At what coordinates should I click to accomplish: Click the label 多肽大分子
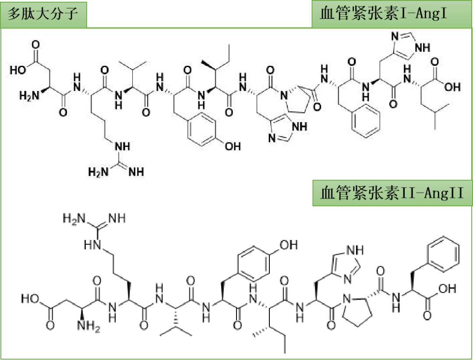tap(43, 14)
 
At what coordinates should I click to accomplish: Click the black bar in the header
tap(199, 14)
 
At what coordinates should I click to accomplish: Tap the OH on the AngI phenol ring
tap(232, 146)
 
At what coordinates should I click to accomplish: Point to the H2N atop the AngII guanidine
tap(72, 218)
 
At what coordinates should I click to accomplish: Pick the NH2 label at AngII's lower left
tap(85, 325)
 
